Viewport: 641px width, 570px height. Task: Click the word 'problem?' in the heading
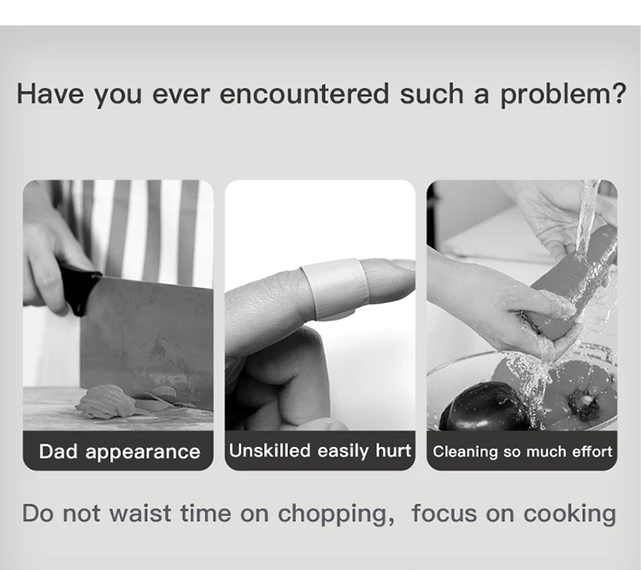[x=563, y=95]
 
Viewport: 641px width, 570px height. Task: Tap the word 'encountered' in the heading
[x=304, y=94]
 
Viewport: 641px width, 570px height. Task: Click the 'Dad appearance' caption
[x=120, y=452]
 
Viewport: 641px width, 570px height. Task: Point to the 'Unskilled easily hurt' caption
[x=320, y=450]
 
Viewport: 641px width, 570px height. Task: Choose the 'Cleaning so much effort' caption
[x=522, y=451]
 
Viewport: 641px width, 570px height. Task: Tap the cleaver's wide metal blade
[x=147, y=344]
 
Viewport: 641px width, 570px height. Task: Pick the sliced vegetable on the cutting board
[x=107, y=402]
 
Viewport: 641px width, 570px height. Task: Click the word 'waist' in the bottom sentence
[x=140, y=513]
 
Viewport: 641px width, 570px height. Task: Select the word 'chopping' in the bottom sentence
[x=332, y=514]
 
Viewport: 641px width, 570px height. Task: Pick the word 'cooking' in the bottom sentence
[x=569, y=514]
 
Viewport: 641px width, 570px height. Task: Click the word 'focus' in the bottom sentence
[x=444, y=513]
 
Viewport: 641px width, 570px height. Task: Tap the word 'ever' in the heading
[x=180, y=95]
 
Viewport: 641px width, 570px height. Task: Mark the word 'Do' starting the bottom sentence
[x=38, y=513]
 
